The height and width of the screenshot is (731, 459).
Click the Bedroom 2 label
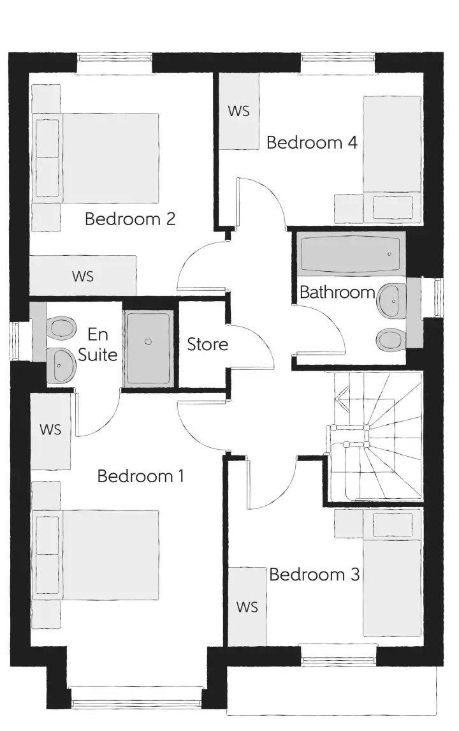point(130,219)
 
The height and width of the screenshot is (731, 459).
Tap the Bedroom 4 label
point(312,142)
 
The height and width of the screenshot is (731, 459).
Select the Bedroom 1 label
point(141,476)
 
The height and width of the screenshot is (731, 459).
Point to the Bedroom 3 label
point(314,574)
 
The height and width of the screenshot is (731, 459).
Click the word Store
point(207,344)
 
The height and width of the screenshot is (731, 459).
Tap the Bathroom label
point(337,292)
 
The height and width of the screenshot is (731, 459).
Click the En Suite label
point(98,344)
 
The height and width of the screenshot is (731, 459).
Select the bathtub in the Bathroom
point(351,254)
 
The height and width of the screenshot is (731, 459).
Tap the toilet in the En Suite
point(61,327)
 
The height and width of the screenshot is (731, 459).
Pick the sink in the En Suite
point(61,365)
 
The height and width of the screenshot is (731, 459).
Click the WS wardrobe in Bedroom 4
point(239,111)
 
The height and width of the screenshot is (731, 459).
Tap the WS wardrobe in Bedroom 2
point(83,276)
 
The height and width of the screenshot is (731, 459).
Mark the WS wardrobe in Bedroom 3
point(247,607)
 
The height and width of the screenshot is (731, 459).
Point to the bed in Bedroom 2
point(95,158)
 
